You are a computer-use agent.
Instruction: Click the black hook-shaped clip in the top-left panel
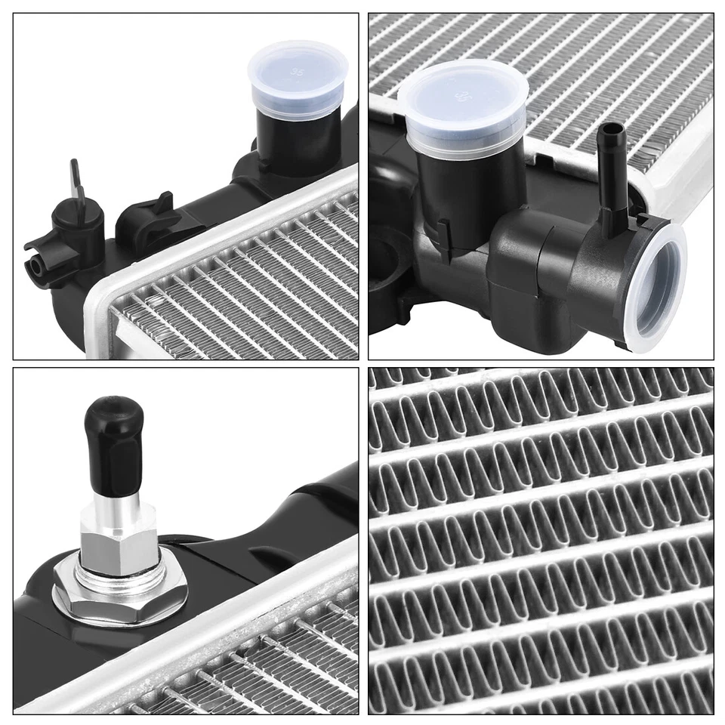click(150, 219)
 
